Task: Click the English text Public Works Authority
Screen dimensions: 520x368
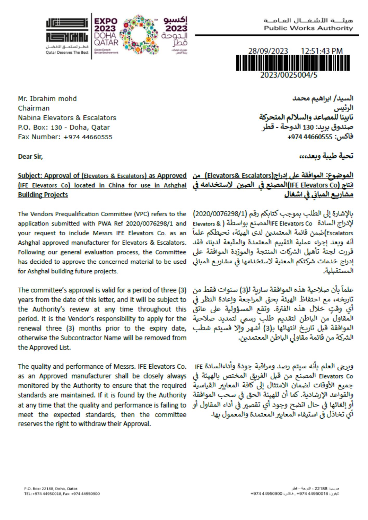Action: (308, 28)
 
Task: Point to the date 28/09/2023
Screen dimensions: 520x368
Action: (268, 51)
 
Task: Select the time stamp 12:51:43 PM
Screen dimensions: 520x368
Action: (322, 51)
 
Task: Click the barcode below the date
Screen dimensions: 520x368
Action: (293, 63)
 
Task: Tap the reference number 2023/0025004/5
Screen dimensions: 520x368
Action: (289, 75)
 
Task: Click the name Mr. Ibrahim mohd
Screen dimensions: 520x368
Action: (47, 99)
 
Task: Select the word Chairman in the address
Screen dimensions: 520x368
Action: (34, 108)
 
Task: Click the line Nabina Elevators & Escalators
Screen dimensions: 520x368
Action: (67, 118)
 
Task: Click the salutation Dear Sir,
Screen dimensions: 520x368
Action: (30, 157)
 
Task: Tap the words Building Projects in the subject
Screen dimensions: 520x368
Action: (43, 195)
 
